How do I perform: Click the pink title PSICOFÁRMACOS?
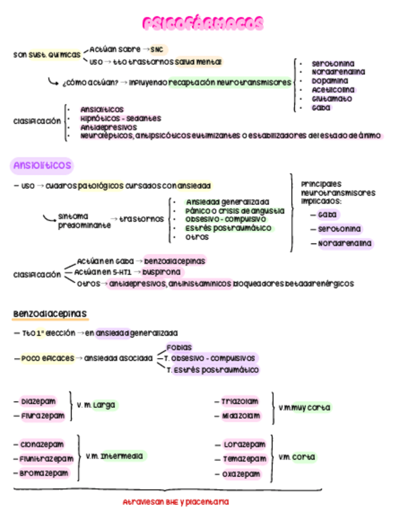point(203,24)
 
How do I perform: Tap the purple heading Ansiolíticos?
point(42,166)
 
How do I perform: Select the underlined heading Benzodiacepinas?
point(50,313)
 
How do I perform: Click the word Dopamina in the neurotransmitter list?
point(330,81)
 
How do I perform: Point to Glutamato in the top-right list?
point(332,98)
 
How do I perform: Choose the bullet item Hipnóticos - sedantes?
point(121,118)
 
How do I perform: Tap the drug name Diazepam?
point(39,402)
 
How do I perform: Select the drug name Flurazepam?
point(42,416)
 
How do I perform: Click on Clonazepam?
point(42,445)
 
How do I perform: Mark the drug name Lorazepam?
point(244,445)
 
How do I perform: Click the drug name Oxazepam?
point(241,474)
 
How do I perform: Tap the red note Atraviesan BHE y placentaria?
point(175,502)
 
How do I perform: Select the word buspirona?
point(162,272)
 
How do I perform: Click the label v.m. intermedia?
point(114,456)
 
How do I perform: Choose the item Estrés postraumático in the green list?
point(229,229)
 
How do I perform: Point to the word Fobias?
point(179,347)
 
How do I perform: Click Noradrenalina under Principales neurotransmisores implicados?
point(345,243)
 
